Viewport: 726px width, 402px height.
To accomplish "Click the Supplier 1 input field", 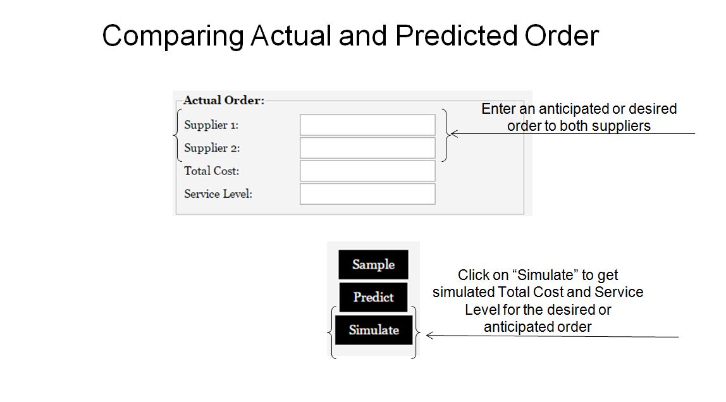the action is (x=367, y=125).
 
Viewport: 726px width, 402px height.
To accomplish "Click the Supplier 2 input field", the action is (x=367, y=148).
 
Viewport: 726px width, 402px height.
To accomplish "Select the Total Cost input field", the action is (x=367, y=171).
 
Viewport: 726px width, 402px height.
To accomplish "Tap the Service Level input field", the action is (x=367, y=194).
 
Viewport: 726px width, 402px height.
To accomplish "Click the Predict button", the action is (x=373, y=297).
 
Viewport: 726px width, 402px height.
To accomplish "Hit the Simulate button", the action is (x=374, y=330).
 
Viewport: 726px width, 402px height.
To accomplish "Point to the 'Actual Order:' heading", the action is (x=224, y=100).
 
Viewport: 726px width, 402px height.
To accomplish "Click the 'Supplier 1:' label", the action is (x=211, y=125).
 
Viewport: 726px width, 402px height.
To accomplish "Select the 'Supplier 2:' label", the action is (x=212, y=148).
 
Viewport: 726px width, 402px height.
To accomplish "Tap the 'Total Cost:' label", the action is (x=212, y=171).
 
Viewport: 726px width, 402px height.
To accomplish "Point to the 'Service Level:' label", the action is (x=218, y=194).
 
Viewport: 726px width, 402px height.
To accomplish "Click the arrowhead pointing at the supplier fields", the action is (x=454, y=134).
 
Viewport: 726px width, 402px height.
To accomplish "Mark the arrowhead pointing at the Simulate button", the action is (x=429, y=336).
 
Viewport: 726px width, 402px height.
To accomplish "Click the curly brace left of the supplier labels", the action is (x=176, y=135).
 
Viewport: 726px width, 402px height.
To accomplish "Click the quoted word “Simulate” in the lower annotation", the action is (x=545, y=275).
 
